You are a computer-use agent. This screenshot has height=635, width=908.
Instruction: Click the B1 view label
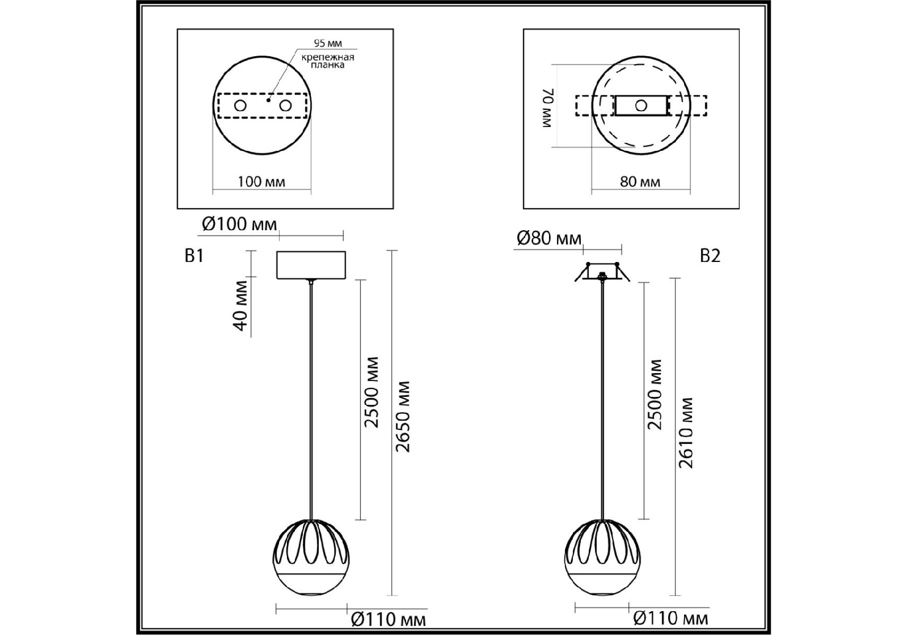point(194,256)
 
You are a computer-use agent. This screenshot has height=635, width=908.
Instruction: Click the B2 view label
point(710,256)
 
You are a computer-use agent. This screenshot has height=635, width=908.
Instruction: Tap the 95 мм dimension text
point(328,43)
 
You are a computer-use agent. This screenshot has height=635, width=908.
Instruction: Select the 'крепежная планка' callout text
point(328,61)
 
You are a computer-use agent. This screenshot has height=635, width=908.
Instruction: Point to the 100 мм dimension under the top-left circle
point(262,182)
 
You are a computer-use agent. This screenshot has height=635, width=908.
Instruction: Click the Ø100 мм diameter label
point(239,224)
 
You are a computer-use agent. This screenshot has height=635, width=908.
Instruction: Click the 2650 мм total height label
point(403,416)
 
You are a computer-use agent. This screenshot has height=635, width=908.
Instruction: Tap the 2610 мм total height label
point(686,432)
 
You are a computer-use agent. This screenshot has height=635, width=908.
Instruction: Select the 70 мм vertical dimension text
point(547,108)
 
